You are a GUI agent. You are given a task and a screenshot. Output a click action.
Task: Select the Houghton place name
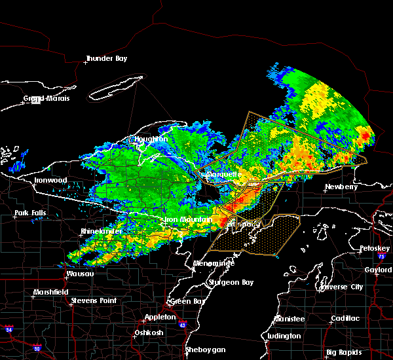coord(151,139)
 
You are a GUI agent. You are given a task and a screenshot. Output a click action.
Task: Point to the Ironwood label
coord(50,180)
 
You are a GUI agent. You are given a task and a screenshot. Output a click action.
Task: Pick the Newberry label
coord(341,187)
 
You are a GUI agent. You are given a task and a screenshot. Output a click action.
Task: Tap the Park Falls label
coord(32,213)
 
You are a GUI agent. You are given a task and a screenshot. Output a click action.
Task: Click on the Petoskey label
coord(375,249)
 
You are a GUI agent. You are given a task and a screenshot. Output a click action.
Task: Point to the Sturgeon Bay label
coord(230,282)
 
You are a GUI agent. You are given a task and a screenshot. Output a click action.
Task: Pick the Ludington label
coord(285,336)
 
